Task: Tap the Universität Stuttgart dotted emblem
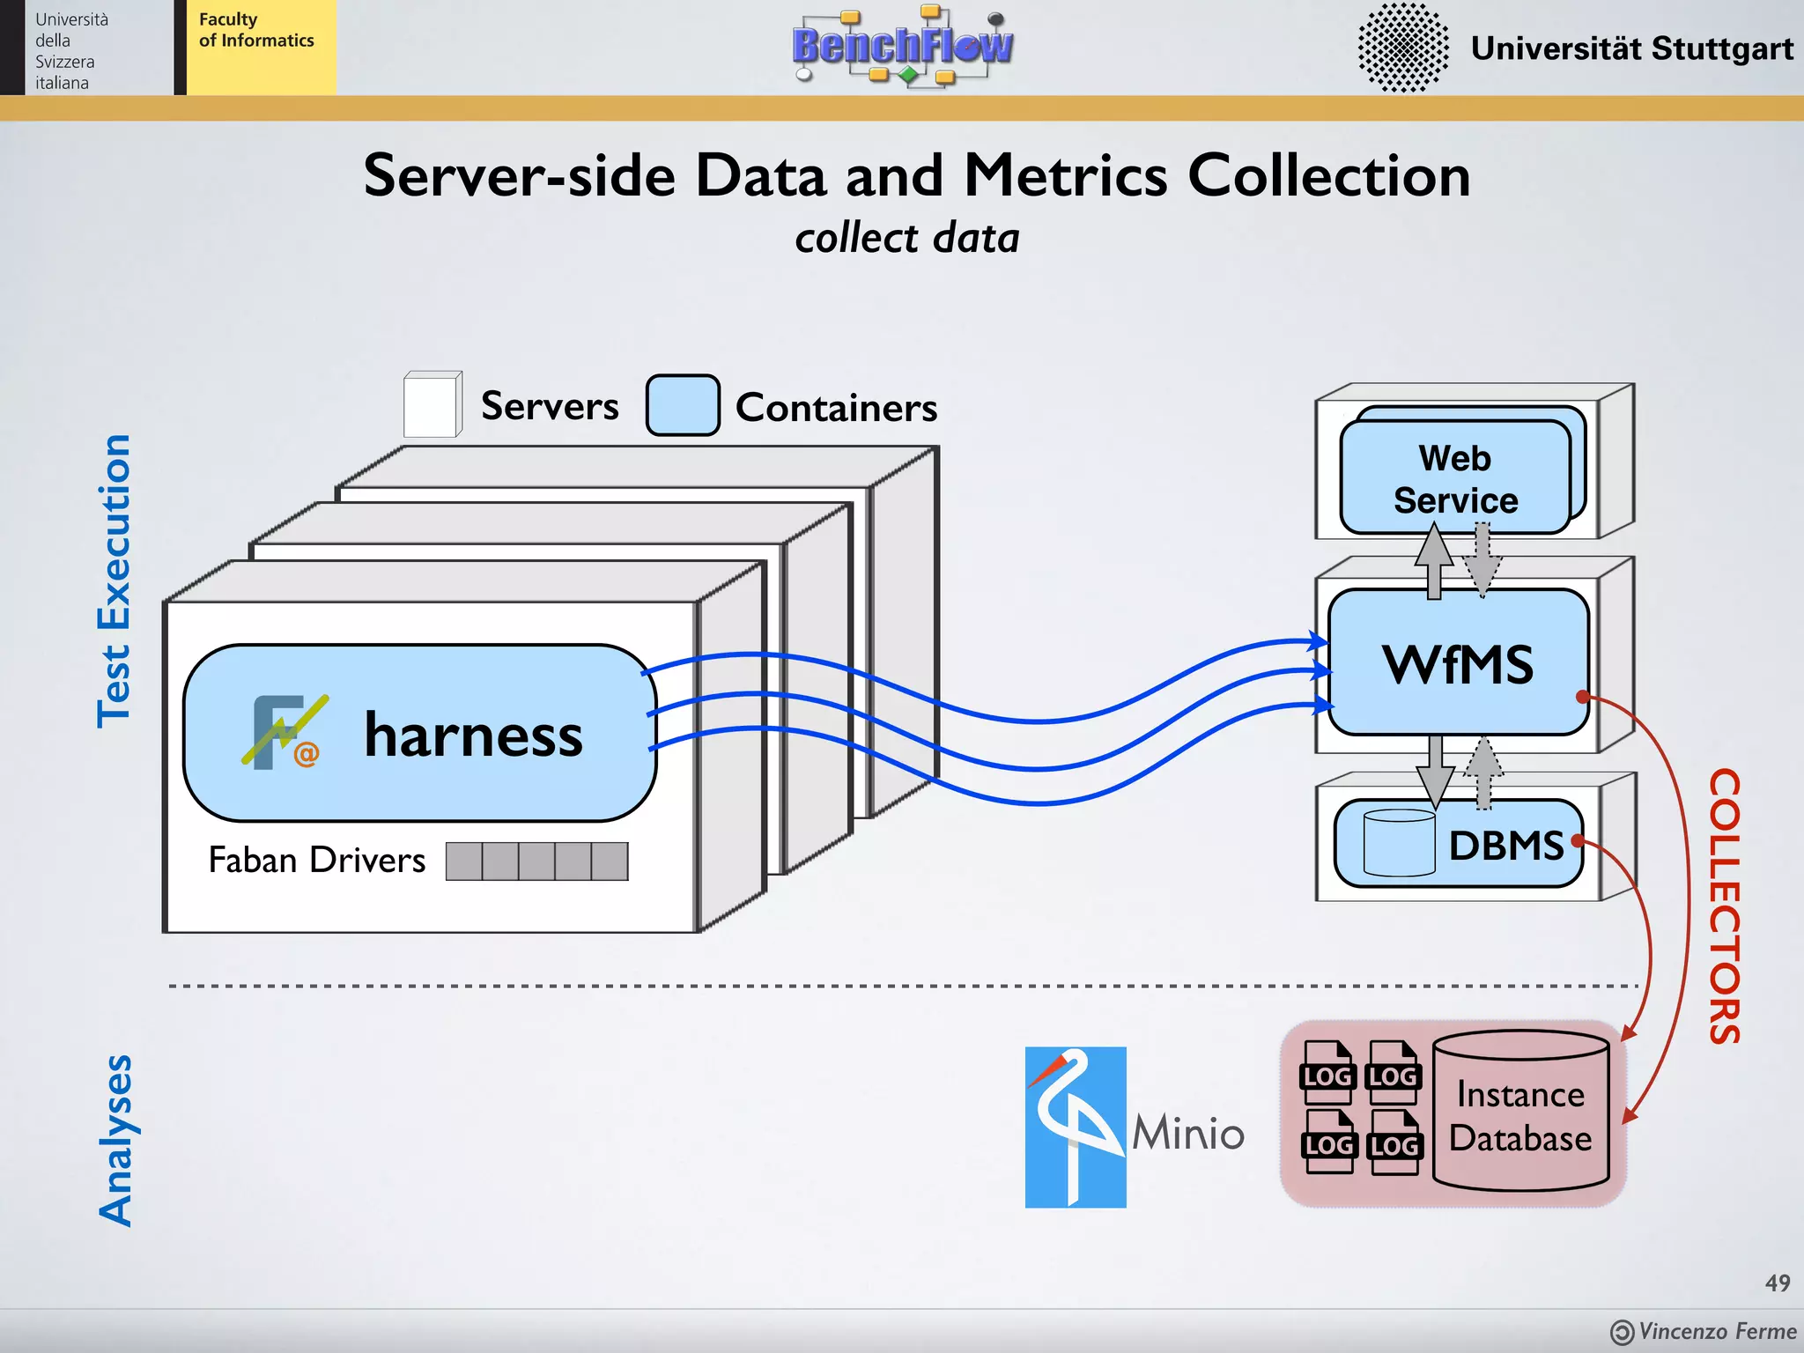[x=1402, y=48]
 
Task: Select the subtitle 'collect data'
[x=906, y=239]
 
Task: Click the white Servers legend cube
[x=432, y=405]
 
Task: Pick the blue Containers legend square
[x=683, y=405]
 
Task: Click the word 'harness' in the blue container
[x=473, y=735]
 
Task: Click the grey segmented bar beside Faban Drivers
[x=536, y=861]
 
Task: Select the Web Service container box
[x=1455, y=478]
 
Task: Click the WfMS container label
[x=1458, y=664]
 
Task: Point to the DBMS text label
[x=1505, y=846]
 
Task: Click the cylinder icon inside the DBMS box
[x=1399, y=843]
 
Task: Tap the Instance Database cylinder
[x=1520, y=1112]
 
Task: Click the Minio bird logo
[x=1076, y=1127]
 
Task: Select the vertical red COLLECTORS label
[x=1724, y=906]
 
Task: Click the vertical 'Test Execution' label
[x=115, y=581]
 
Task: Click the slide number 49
[x=1777, y=1283]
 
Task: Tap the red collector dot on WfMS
[x=1582, y=697]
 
